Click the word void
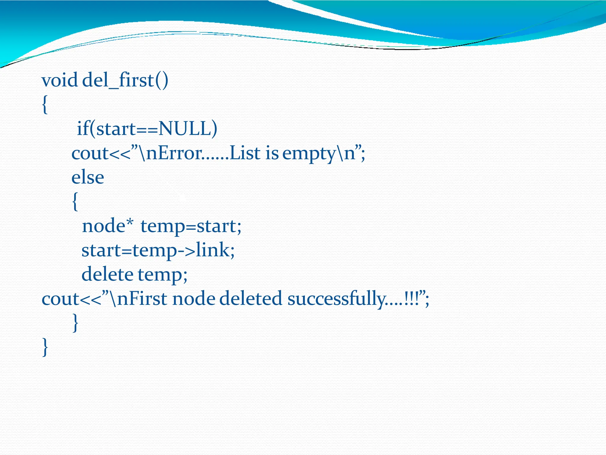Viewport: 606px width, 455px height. (59, 81)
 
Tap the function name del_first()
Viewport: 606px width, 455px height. (125, 81)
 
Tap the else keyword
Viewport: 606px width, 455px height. (88, 178)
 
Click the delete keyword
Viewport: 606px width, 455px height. (107, 274)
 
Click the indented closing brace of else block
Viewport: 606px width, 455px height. (75, 323)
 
